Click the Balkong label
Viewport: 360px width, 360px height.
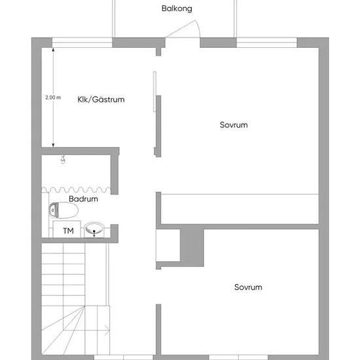point(177,9)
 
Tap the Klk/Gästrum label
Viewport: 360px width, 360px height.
point(101,99)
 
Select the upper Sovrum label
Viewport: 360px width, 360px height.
point(234,125)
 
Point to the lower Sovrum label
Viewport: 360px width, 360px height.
point(248,287)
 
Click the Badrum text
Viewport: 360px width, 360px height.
point(83,199)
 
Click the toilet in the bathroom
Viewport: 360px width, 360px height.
point(63,210)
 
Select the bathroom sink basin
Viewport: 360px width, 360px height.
point(94,228)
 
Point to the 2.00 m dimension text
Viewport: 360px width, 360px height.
point(53,98)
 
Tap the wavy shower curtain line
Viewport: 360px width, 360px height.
point(76,190)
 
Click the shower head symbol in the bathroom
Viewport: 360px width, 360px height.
point(63,159)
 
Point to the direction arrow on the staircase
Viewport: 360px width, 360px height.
point(107,331)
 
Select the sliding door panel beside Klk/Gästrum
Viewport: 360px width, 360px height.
point(154,92)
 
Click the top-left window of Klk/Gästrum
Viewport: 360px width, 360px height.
point(82,43)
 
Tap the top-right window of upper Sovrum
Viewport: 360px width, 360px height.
point(267,43)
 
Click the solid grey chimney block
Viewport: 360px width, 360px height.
point(192,245)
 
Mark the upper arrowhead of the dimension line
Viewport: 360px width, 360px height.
point(53,50)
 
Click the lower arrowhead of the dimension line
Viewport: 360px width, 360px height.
point(53,145)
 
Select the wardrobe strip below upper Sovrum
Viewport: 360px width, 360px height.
point(240,209)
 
